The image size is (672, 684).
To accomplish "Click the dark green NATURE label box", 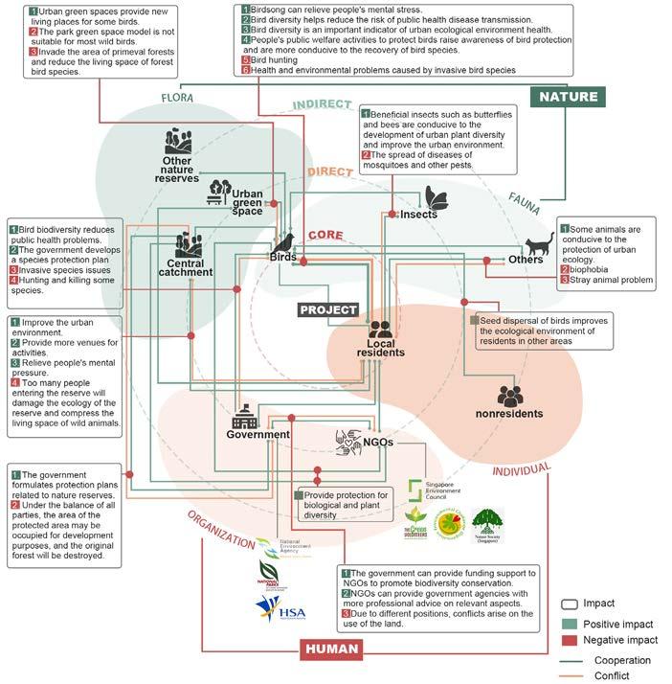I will [569, 96].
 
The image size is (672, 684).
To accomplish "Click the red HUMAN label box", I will [331, 650].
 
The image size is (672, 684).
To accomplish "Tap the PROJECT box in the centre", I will [327, 309].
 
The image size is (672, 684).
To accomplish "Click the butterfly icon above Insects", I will [437, 198].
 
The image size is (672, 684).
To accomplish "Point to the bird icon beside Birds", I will [284, 241].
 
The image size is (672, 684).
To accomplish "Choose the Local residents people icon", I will [379, 330].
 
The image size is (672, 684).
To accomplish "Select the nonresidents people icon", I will [510, 396].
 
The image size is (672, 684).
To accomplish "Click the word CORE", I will [325, 235].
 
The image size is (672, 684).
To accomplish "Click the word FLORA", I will [178, 98].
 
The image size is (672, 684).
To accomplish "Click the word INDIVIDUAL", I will [521, 470].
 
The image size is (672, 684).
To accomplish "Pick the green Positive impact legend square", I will [568, 624].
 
